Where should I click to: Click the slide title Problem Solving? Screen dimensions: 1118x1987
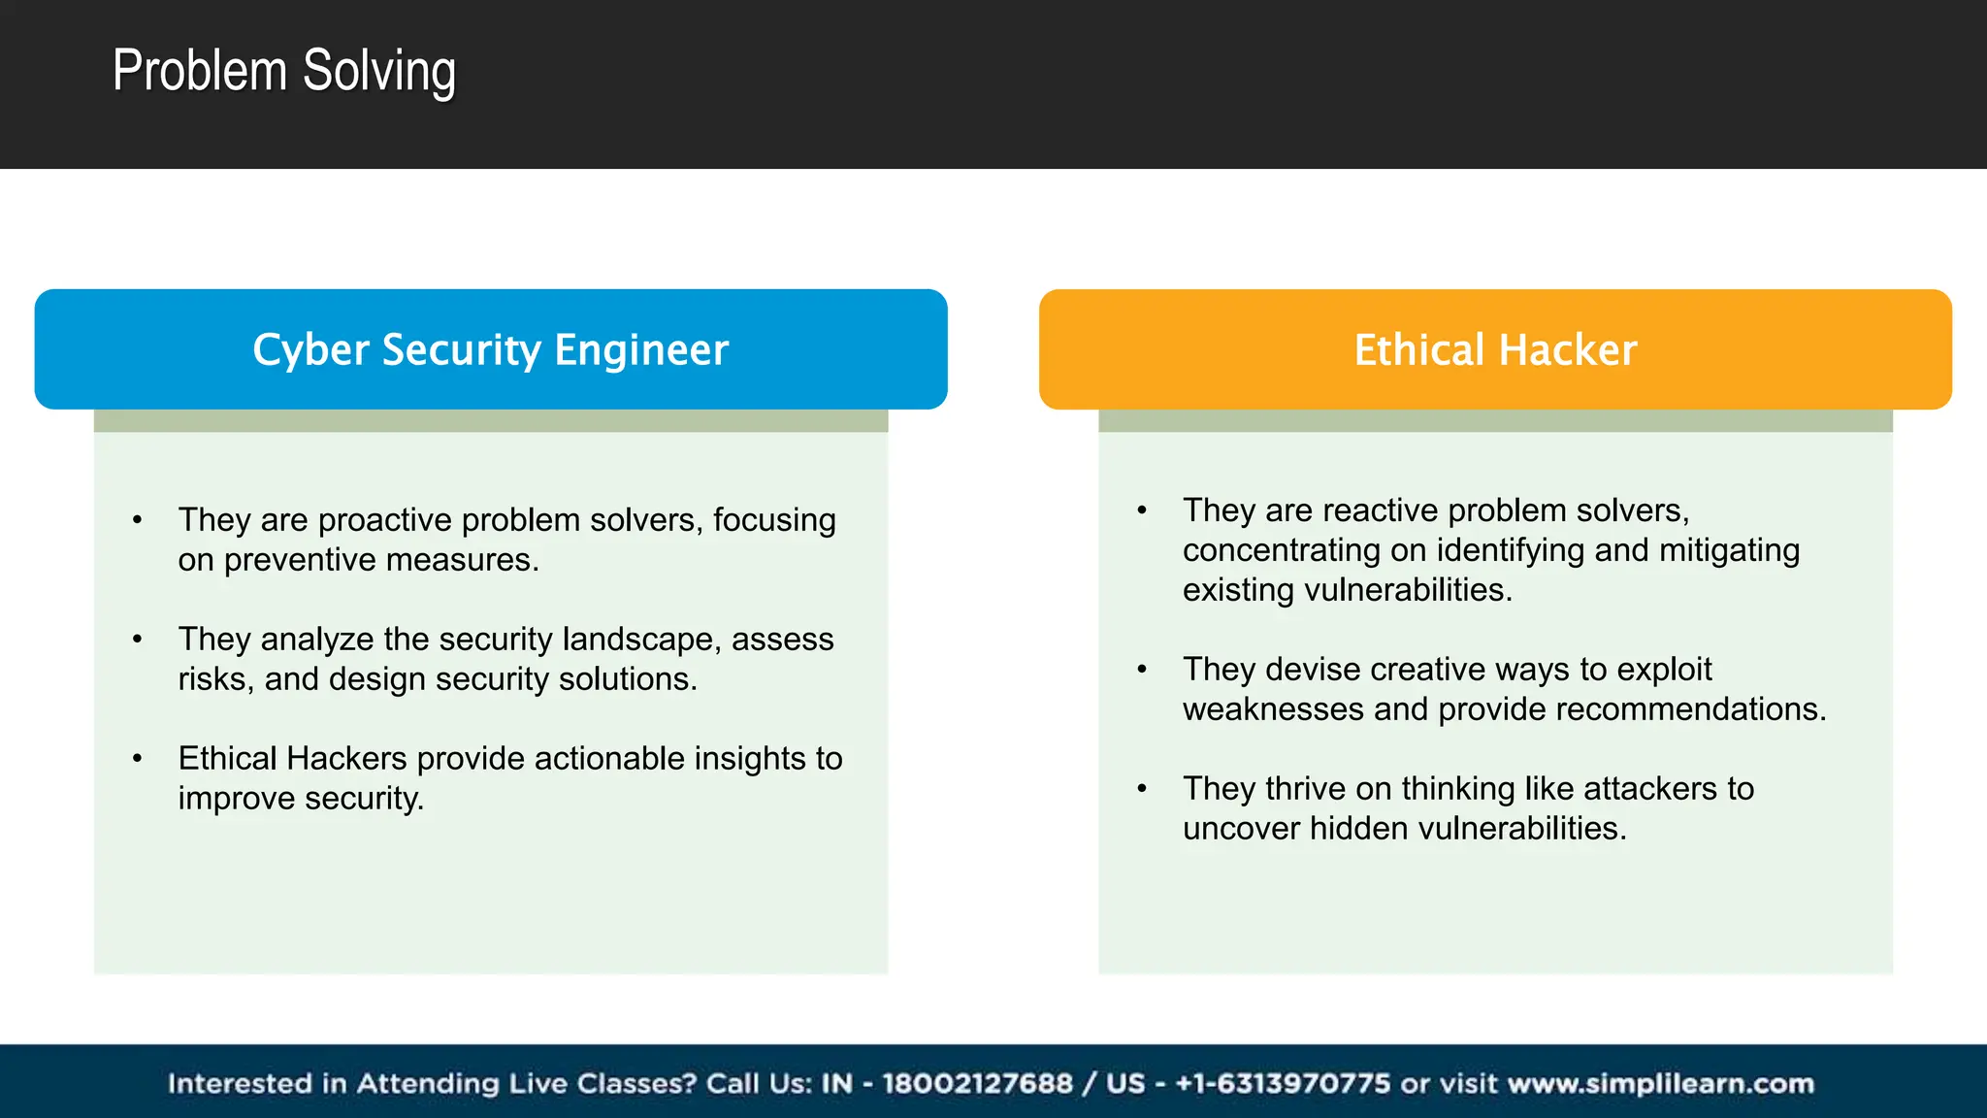(283, 72)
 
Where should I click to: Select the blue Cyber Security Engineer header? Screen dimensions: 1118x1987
(490, 349)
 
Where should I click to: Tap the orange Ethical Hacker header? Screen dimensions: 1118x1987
(1494, 349)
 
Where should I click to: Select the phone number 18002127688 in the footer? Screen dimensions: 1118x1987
(976, 1083)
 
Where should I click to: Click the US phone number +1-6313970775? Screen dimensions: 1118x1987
(1282, 1083)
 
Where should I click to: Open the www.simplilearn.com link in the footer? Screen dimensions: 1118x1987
(1660, 1083)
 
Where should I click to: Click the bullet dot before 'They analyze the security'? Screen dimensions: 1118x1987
(138, 640)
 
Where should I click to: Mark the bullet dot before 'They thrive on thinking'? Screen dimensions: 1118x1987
(1142, 789)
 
